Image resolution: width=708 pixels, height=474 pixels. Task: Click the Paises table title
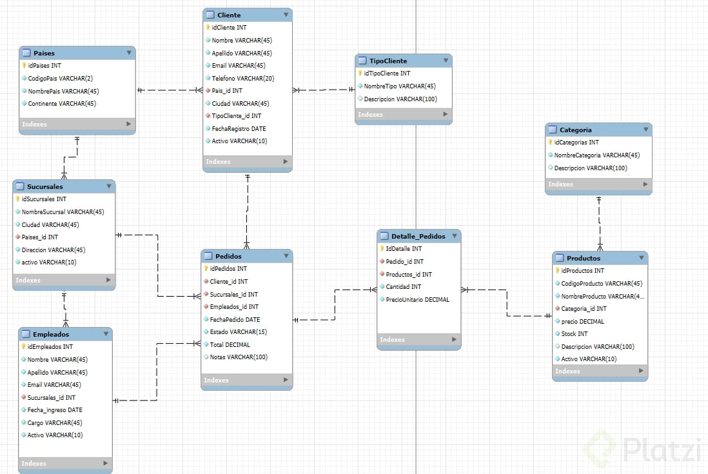pyautogui.click(x=44, y=53)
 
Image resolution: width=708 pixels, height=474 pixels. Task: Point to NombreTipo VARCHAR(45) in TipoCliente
pyautogui.click(x=400, y=86)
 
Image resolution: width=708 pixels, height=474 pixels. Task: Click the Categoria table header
pyautogui.click(x=575, y=130)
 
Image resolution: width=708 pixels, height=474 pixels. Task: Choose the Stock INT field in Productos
pyautogui.click(x=574, y=334)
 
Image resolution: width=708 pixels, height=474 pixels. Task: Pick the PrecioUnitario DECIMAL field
pyautogui.click(x=417, y=299)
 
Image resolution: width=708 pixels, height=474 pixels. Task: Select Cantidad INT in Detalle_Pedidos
pyautogui.click(x=403, y=287)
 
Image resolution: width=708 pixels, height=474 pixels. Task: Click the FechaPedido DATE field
pyautogui.click(x=235, y=319)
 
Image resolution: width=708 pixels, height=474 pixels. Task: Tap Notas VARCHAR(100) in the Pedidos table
pyautogui.click(x=239, y=357)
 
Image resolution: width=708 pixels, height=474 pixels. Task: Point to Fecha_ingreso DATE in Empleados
pyautogui.click(x=55, y=410)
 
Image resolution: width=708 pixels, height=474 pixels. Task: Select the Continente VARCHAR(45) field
pyautogui.click(x=62, y=104)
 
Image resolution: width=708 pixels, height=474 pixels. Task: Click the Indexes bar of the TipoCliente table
pyautogui.click(x=403, y=115)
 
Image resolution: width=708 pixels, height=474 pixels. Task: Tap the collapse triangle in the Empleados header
pyautogui.click(x=105, y=334)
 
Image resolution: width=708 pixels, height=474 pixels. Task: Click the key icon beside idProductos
pyautogui.click(x=557, y=271)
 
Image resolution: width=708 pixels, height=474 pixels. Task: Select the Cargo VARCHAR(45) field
pyautogui.click(x=55, y=423)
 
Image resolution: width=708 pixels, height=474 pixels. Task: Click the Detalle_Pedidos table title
pyautogui.click(x=418, y=236)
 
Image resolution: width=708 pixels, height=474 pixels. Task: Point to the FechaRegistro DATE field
pyautogui.click(x=239, y=128)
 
